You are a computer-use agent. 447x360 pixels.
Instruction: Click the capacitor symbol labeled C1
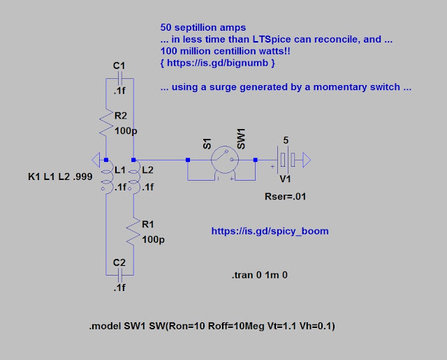[119, 78]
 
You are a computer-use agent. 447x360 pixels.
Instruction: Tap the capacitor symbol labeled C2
[119, 275]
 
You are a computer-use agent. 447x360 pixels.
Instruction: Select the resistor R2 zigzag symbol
[105, 123]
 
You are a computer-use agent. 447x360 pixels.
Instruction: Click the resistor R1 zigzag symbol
[133, 231]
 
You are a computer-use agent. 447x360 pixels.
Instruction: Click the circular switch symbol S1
[225, 160]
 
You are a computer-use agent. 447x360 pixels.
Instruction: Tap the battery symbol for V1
[286, 160]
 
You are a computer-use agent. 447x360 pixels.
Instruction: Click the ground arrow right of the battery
[307, 160]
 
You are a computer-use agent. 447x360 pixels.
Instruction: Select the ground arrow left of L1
[96, 160]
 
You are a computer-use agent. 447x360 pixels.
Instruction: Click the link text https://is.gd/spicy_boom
[270, 231]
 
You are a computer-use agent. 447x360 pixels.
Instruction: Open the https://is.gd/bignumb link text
[217, 63]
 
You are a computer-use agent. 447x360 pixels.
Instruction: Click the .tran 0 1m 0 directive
[259, 275]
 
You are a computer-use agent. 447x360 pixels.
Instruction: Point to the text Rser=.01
[285, 197]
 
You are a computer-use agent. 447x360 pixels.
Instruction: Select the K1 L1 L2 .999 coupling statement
[60, 177]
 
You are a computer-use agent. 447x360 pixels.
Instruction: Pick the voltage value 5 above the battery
[286, 140]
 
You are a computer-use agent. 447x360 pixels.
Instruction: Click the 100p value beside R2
[126, 131]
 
